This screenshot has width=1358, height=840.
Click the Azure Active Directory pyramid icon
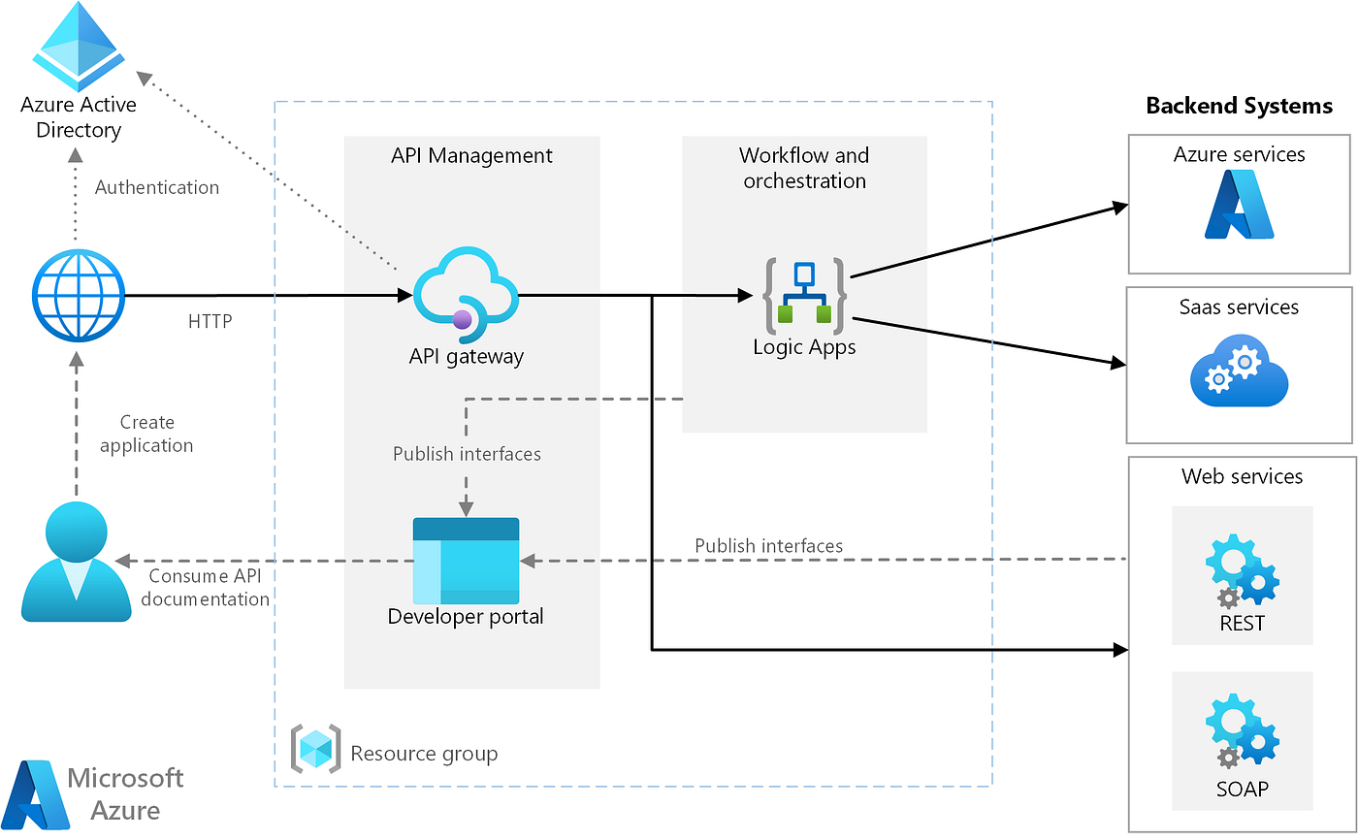[79, 46]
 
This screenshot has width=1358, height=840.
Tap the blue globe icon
[79, 296]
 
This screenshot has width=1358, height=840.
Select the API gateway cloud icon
[466, 295]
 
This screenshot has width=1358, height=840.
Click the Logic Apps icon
[804, 296]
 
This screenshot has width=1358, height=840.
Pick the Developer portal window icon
[466, 561]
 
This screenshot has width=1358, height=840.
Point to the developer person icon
[77, 562]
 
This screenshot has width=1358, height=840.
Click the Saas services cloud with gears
[1239, 371]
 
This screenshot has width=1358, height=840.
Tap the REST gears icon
[1243, 570]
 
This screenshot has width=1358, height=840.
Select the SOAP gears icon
[1243, 731]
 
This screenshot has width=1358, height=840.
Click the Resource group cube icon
[315, 749]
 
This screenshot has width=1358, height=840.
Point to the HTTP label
[210, 321]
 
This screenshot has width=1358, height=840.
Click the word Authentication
[157, 187]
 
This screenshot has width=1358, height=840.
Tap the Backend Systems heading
[1240, 106]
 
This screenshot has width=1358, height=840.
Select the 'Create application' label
[146, 434]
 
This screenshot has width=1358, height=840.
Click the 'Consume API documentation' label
[205, 587]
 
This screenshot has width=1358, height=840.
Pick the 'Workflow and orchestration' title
[804, 168]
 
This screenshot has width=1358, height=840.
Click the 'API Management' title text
[471, 156]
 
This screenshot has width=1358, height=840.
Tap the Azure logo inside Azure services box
[1239, 205]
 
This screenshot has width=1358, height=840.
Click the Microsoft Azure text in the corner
[125, 794]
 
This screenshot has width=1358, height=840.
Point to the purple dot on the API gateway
[462, 319]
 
